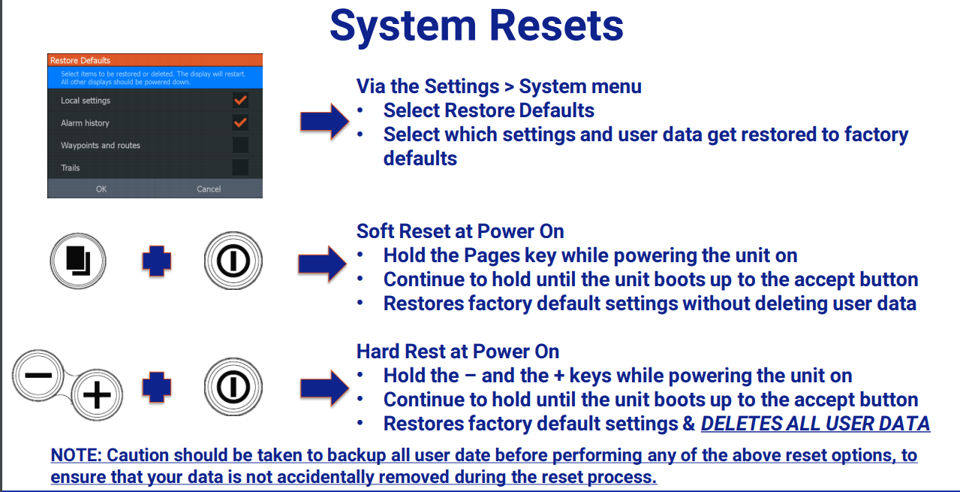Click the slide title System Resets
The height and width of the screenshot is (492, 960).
(x=477, y=26)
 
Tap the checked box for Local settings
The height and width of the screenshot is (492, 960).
(x=240, y=100)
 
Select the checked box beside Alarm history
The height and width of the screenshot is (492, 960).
(x=240, y=122)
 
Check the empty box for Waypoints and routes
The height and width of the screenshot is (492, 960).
(x=240, y=145)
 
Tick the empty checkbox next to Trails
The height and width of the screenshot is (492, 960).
(x=240, y=167)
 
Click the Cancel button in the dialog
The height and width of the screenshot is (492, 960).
(x=209, y=189)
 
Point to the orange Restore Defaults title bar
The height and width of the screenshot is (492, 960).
(x=155, y=60)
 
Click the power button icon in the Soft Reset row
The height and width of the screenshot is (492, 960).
(x=233, y=261)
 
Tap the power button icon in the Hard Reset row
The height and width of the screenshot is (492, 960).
(x=233, y=386)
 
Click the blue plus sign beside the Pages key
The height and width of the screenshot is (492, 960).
(x=157, y=261)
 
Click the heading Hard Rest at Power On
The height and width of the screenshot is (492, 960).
(x=458, y=351)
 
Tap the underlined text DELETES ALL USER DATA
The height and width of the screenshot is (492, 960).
(x=815, y=424)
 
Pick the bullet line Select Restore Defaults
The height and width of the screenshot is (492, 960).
(x=489, y=110)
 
